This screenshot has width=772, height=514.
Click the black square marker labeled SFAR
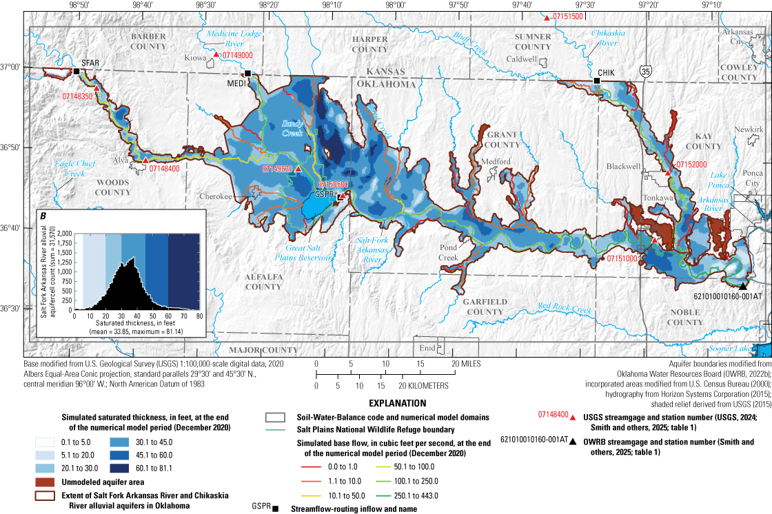point(77,71)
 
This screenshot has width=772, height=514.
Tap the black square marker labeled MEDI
point(247,74)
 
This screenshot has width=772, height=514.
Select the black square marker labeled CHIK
point(598,81)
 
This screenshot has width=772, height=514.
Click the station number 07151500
point(569,16)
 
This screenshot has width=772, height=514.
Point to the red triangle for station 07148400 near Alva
point(145,161)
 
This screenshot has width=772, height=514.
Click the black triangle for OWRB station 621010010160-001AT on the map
point(742,286)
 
